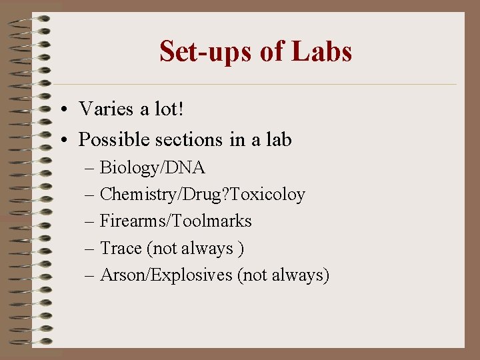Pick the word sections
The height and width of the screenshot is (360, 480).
click(189, 140)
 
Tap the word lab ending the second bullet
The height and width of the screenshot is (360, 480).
click(277, 140)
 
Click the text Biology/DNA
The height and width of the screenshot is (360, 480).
click(152, 167)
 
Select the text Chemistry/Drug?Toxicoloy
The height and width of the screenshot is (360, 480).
click(202, 195)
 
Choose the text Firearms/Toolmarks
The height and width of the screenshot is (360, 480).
click(175, 221)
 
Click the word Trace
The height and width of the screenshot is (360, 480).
click(121, 248)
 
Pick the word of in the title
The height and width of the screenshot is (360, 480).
click(271, 51)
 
